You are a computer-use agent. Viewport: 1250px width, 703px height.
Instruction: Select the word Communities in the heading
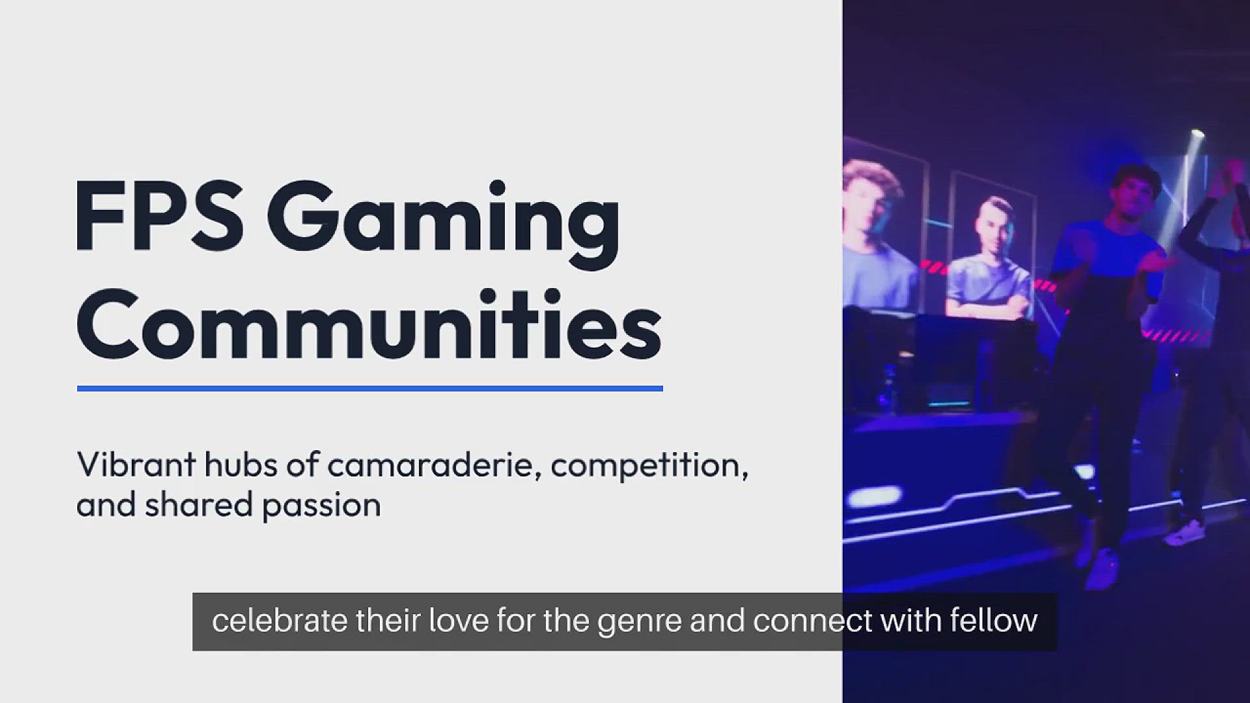pyautogui.click(x=369, y=324)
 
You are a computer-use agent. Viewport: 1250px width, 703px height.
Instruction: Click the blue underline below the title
pyautogui.click(x=370, y=389)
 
